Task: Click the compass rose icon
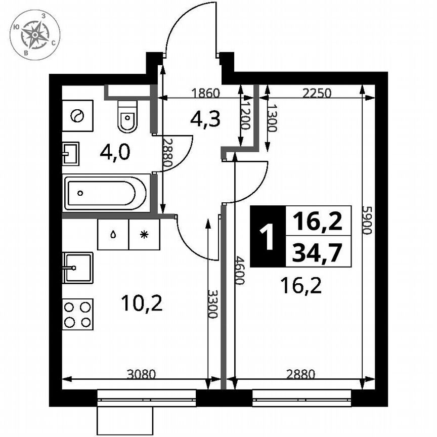(35, 34)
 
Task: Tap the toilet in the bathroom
(126, 116)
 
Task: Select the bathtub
(107, 192)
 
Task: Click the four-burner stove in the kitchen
(78, 314)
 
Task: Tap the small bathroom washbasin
(71, 153)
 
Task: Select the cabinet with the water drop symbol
(113, 234)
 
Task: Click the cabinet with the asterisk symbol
(144, 234)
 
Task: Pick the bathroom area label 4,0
(115, 152)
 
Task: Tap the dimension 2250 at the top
(317, 93)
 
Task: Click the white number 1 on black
(268, 236)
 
